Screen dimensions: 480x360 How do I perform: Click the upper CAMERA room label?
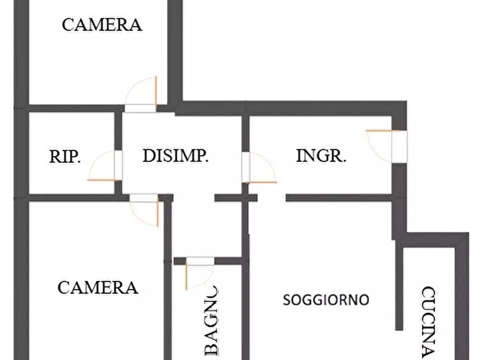tap(102, 25)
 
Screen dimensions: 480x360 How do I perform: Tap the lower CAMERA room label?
tap(98, 288)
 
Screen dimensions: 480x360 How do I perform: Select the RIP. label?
tap(65, 156)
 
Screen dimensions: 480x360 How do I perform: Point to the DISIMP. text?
tap(175, 155)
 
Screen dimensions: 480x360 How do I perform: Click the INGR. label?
tap(321, 155)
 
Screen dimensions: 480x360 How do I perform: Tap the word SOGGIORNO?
tap(326, 300)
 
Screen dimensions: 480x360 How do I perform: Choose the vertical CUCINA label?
tap(428, 322)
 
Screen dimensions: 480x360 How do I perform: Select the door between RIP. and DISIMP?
tap(105, 165)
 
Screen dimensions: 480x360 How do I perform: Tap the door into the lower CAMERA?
tap(144, 210)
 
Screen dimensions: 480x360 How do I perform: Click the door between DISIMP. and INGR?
tap(259, 168)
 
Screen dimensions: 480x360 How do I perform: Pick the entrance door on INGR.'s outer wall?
tap(386, 146)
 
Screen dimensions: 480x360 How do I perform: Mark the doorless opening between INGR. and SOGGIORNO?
tap(271, 198)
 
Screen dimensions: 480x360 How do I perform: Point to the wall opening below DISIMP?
tap(194, 198)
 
